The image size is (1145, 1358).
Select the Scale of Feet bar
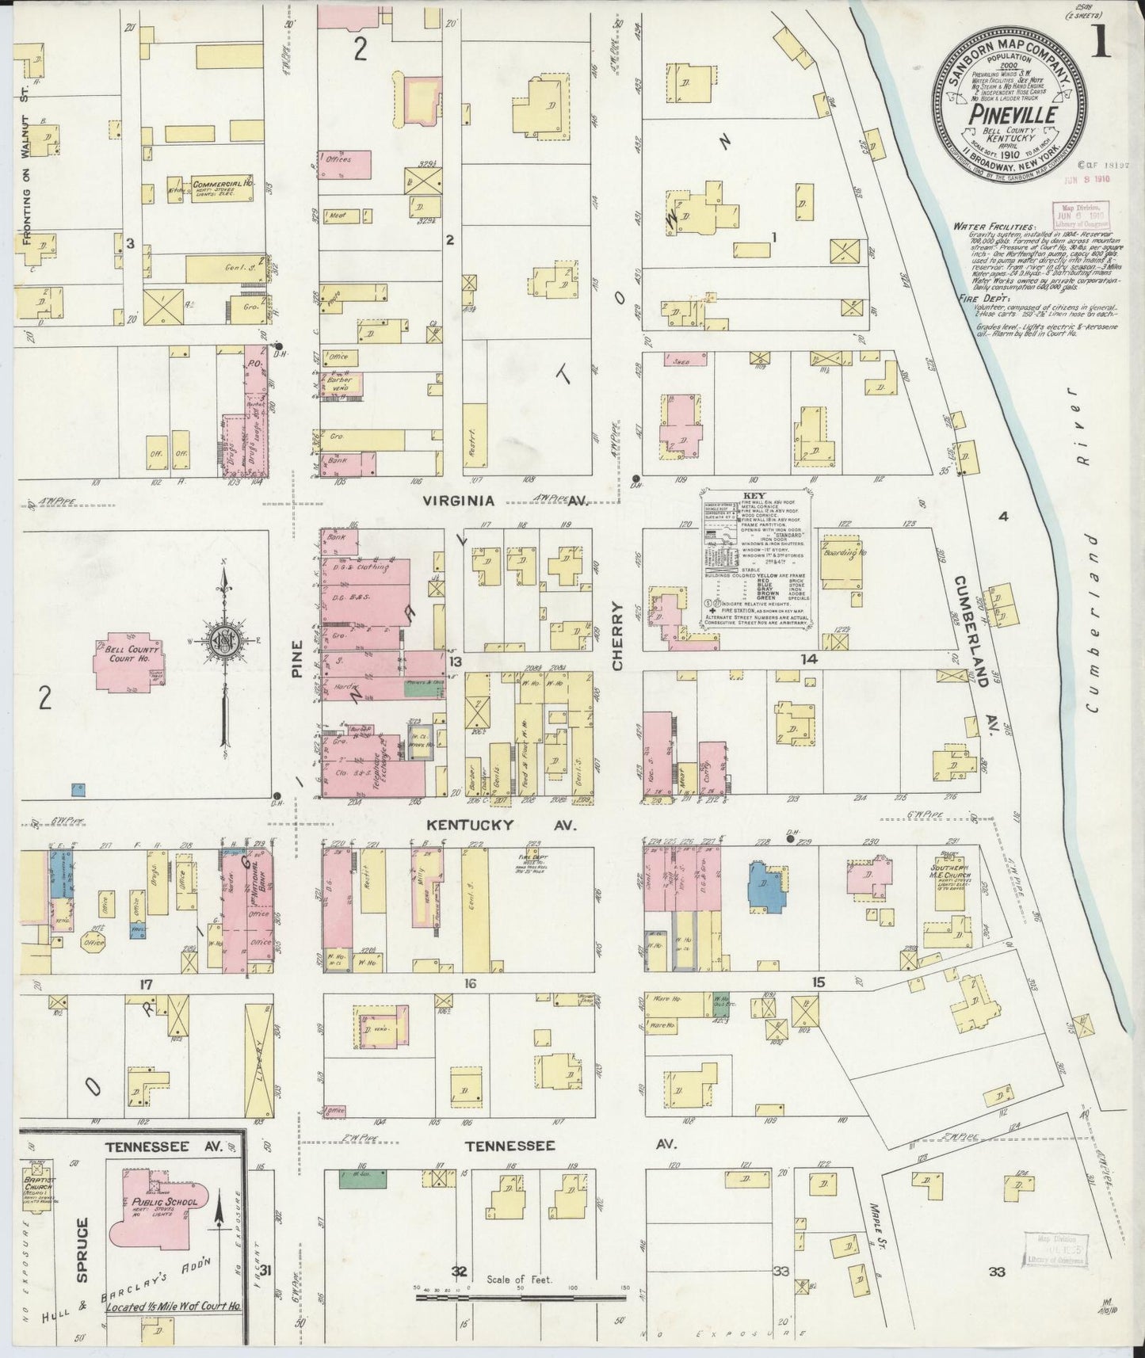pos(521,1298)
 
